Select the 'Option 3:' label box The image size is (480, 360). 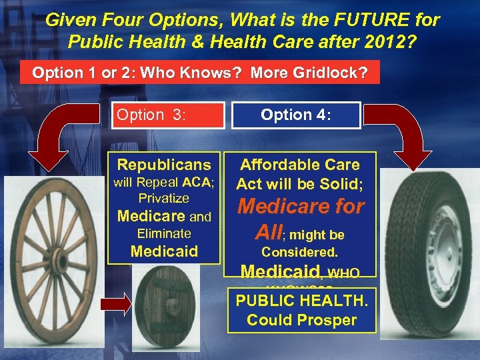[x=169, y=115]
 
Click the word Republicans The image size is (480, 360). [x=164, y=165]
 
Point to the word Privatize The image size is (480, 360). [x=164, y=198]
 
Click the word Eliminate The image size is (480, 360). [x=164, y=233]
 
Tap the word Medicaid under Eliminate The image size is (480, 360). [x=164, y=251]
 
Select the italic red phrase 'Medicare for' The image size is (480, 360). [x=301, y=207]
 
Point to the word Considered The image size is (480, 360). [x=299, y=252]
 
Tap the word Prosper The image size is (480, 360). [x=329, y=319]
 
